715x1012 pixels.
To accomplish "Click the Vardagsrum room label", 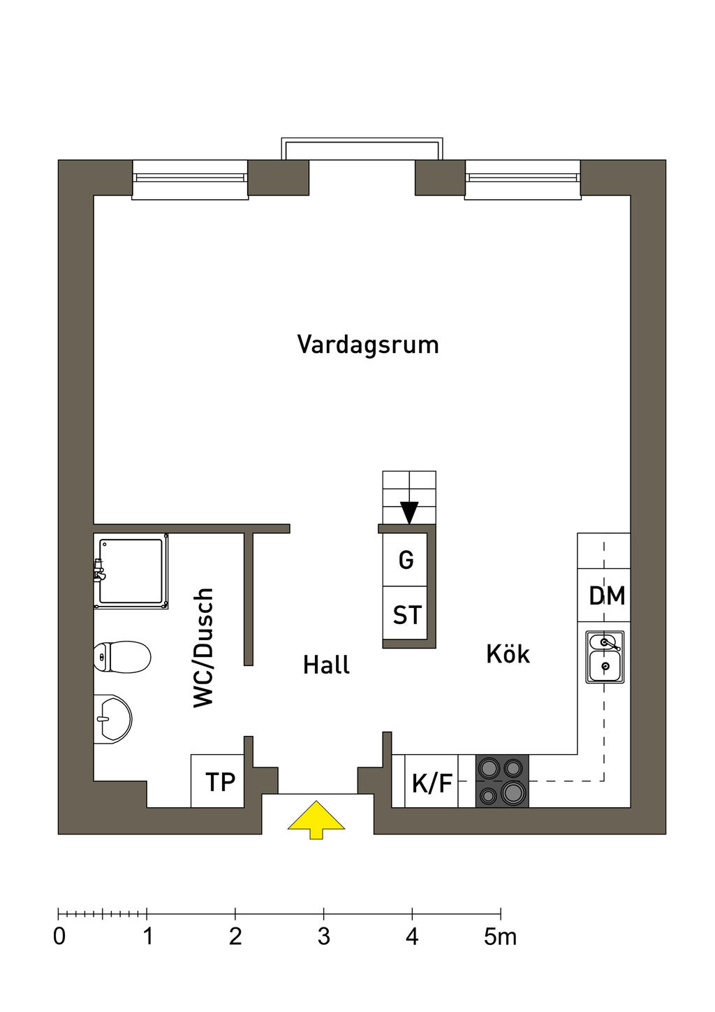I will [368, 345].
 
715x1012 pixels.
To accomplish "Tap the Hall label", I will [326, 665].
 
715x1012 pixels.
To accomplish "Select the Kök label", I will [508, 654].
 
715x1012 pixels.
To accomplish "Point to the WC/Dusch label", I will [203, 647].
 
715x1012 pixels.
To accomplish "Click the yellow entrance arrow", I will [316, 819].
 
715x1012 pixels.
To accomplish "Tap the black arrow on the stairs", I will [409, 512].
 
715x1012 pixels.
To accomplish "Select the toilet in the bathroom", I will [123, 657].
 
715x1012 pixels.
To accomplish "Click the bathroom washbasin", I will [112, 718].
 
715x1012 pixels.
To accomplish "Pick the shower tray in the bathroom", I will [131, 571].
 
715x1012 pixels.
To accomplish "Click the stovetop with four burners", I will [502, 781].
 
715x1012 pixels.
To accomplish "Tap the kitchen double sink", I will [605, 658].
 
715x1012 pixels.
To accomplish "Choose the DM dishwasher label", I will [607, 596].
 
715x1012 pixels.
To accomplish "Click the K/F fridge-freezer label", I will [432, 783].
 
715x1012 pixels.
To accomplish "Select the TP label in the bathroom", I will [220, 782].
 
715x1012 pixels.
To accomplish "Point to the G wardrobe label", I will [406, 560].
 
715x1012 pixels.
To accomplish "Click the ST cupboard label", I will [406, 616].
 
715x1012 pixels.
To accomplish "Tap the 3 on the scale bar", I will [323, 937].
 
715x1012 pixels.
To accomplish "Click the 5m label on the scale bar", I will [500, 937].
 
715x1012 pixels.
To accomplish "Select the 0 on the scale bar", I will [59, 937].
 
